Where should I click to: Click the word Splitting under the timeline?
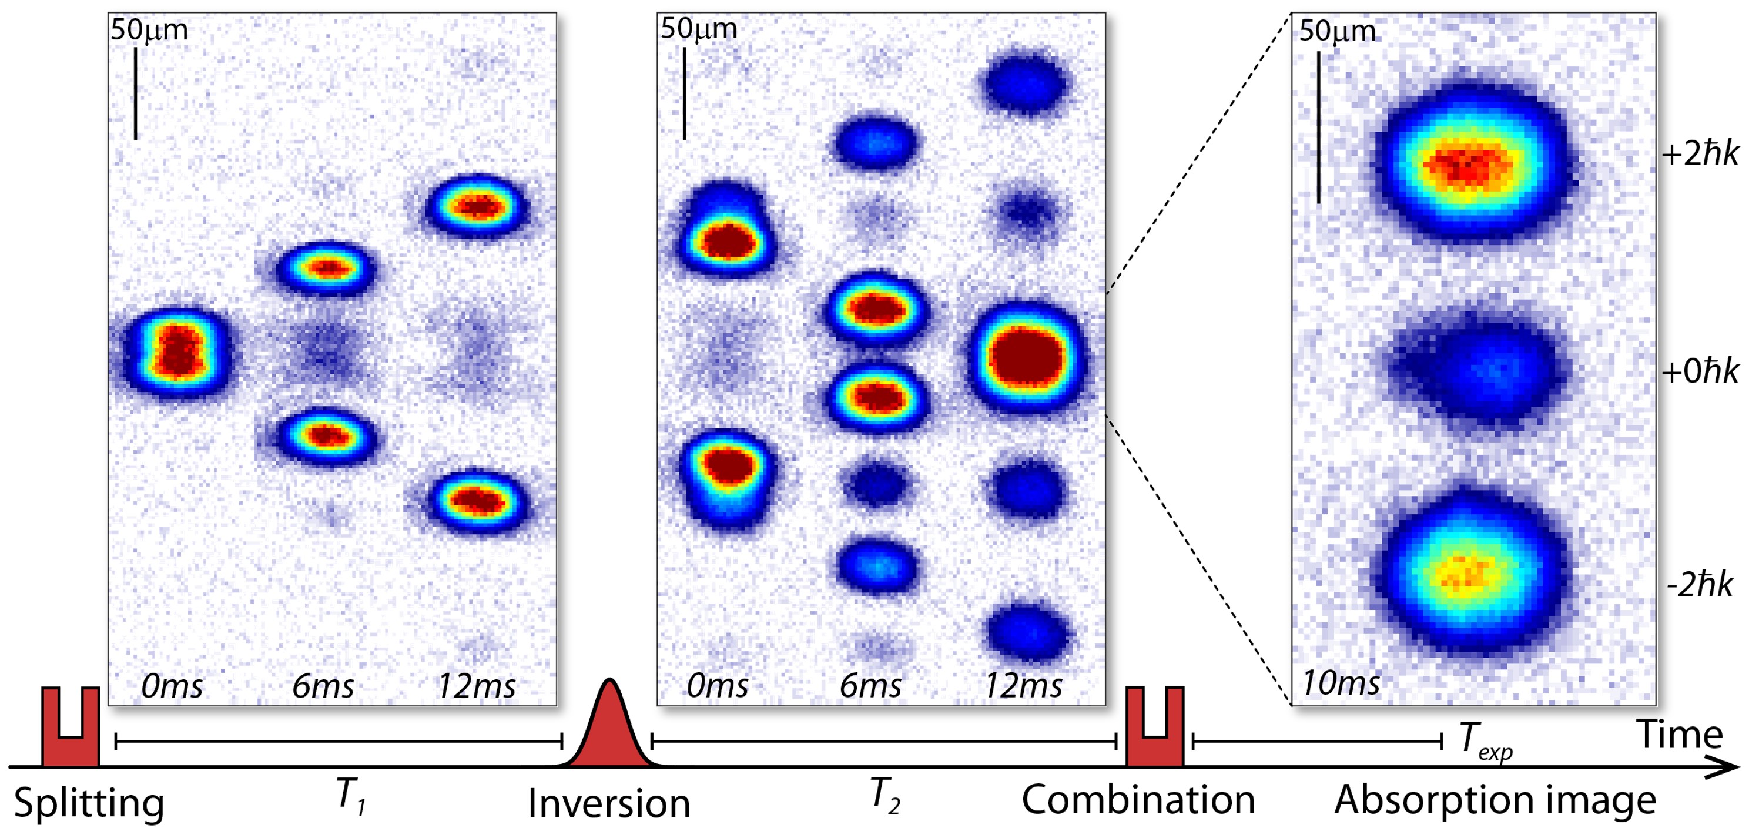pyautogui.click(x=89, y=803)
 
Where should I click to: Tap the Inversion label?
pyautogui.click(x=609, y=803)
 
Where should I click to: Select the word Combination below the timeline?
pyautogui.click(x=1138, y=799)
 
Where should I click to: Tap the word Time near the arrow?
pyautogui.click(x=1680, y=735)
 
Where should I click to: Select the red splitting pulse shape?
pyautogui.click(x=71, y=730)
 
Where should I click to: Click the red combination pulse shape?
pyautogui.click(x=1155, y=730)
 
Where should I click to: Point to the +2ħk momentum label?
pyautogui.click(x=1700, y=155)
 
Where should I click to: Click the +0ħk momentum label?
pyautogui.click(x=1700, y=371)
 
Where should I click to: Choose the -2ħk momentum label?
pyautogui.click(x=1700, y=584)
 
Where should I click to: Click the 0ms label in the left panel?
pyautogui.click(x=172, y=686)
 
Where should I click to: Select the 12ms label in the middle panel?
pyautogui.click(x=1023, y=686)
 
